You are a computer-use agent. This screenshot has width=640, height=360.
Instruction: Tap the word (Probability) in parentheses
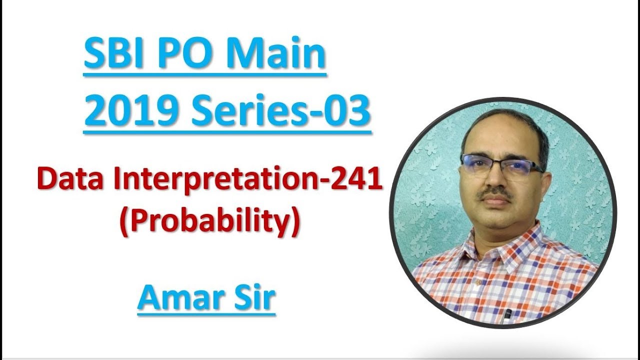(209, 223)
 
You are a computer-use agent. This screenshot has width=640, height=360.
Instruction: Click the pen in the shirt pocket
(508, 314)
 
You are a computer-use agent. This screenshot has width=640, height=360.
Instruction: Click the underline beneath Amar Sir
(206, 314)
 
